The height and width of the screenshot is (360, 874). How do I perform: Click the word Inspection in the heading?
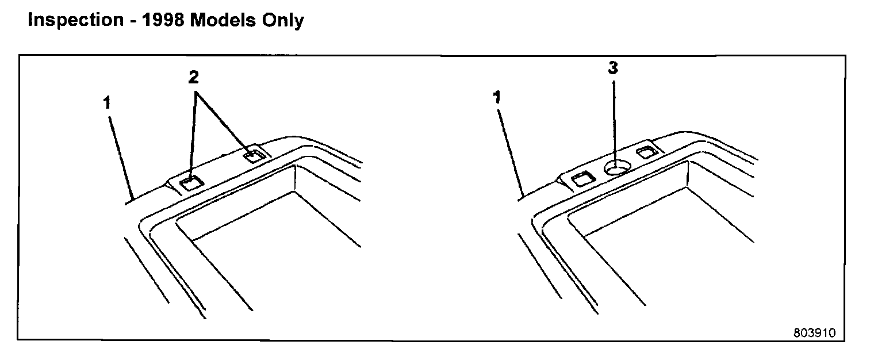tap(75, 20)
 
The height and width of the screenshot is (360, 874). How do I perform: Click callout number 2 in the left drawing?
tap(196, 77)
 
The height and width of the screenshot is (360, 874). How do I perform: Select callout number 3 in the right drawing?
tap(613, 68)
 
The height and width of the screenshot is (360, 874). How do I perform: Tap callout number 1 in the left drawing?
tap(107, 104)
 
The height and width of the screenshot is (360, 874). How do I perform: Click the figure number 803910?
tap(814, 334)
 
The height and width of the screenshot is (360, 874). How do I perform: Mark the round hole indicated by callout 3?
tap(615, 167)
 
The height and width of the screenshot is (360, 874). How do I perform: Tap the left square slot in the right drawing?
tap(582, 179)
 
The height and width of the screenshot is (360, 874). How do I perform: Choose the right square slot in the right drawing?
tap(646, 152)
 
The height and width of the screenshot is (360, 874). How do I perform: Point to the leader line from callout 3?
tap(614, 121)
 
